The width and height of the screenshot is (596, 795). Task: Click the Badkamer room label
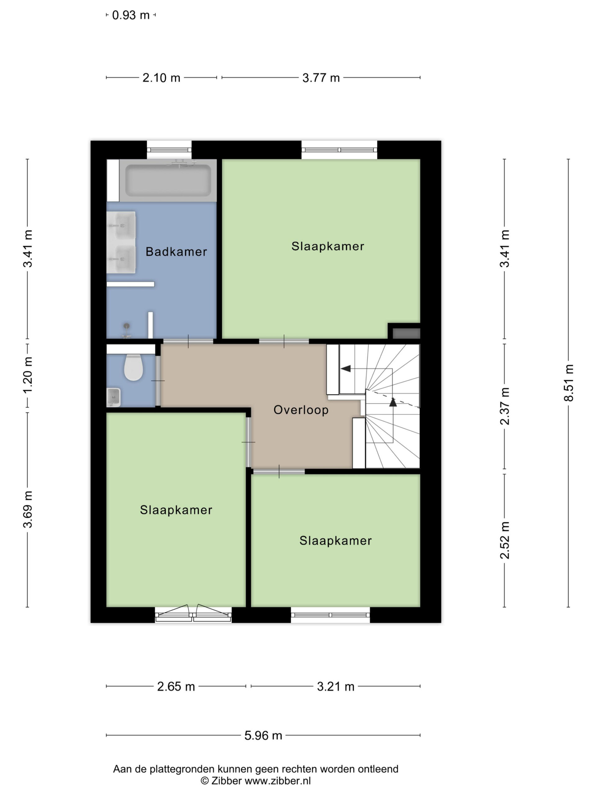(176, 252)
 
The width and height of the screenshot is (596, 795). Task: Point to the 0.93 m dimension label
(131, 15)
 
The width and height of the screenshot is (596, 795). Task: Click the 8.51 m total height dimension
(569, 383)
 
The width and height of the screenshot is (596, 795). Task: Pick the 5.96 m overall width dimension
(263, 735)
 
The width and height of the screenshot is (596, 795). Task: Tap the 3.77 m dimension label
(321, 78)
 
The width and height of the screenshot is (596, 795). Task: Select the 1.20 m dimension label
(28, 375)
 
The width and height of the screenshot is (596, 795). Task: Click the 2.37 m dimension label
(505, 406)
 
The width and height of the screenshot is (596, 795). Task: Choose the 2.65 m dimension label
(176, 687)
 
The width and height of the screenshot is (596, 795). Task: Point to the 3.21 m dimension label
(336, 687)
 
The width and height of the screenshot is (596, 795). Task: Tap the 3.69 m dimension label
(28, 509)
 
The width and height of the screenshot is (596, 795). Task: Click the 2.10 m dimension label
(161, 78)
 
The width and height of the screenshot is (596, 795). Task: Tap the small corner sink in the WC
(114, 397)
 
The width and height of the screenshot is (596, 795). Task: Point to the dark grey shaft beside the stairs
(406, 334)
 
